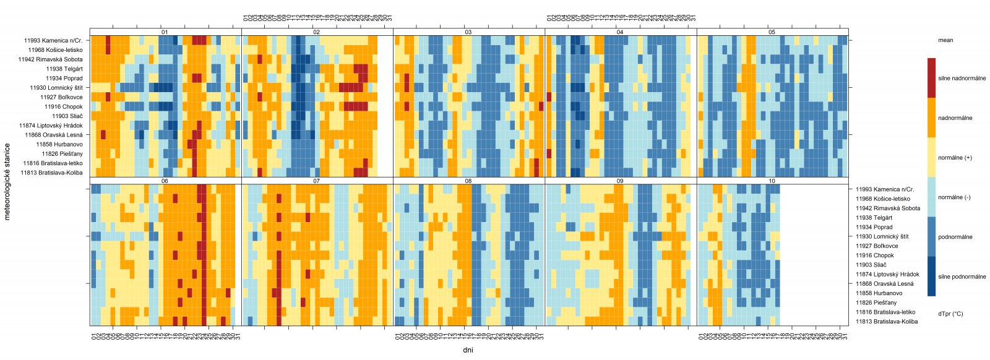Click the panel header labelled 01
[165, 32]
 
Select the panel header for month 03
[468, 32]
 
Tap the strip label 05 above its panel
[772, 32]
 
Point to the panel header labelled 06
[165, 181]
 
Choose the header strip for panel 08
[468, 181]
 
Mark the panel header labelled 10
[772, 181]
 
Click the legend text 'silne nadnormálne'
[962, 79]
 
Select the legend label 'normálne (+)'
[955, 158]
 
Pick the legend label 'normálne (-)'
[954, 197]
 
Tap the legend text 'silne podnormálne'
[962, 276]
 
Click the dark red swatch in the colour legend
[931, 78]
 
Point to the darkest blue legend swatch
[931, 276]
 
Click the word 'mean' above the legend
[945, 40]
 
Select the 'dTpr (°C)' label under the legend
[950, 314]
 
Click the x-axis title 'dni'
[468, 350]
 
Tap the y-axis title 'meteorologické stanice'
[7, 182]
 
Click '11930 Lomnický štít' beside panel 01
[56, 88]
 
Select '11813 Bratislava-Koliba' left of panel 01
[51, 173]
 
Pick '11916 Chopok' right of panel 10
[874, 255]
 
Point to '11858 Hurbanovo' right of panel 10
[879, 293]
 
